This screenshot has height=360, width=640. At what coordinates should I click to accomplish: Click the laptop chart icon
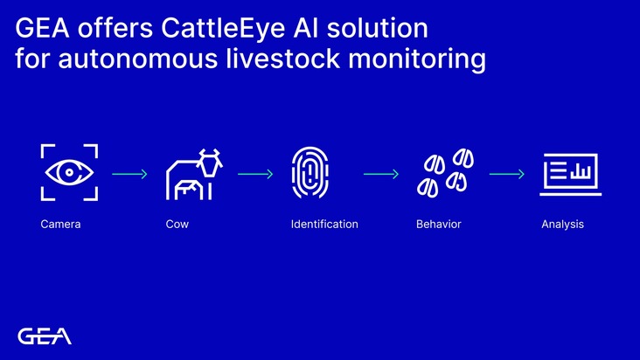click(571, 173)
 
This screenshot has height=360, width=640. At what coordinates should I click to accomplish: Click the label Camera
click(60, 225)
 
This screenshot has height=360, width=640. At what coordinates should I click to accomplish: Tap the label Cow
click(177, 225)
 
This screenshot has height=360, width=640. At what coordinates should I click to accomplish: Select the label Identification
click(324, 225)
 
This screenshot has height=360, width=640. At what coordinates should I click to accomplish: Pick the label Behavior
click(439, 225)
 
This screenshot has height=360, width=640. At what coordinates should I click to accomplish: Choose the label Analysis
click(562, 225)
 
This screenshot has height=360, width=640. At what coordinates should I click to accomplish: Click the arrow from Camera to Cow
click(129, 174)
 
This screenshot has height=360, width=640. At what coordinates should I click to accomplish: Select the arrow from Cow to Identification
click(254, 174)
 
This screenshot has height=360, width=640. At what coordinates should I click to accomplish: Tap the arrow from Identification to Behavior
click(380, 174)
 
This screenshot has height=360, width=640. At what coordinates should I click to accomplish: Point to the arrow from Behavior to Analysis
click(506, 174)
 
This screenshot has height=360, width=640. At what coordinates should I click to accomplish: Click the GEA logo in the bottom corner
click(45, 336)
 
